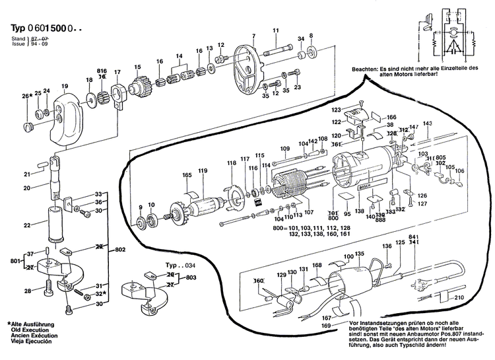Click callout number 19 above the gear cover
pyautogui.click(x=65, y=87)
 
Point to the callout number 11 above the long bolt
pyautogui.click(x=275, y=30)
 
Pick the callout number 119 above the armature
pyautogui.click(x=202, y=172)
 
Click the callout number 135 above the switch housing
pyautogui.click(x=358, y=254)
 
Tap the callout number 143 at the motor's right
pyautogui.click(x=427, y=124)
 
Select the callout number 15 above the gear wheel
pyautogui.click(x=138, y=67)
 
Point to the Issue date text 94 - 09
pyautogui.click(x=36, y=46)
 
